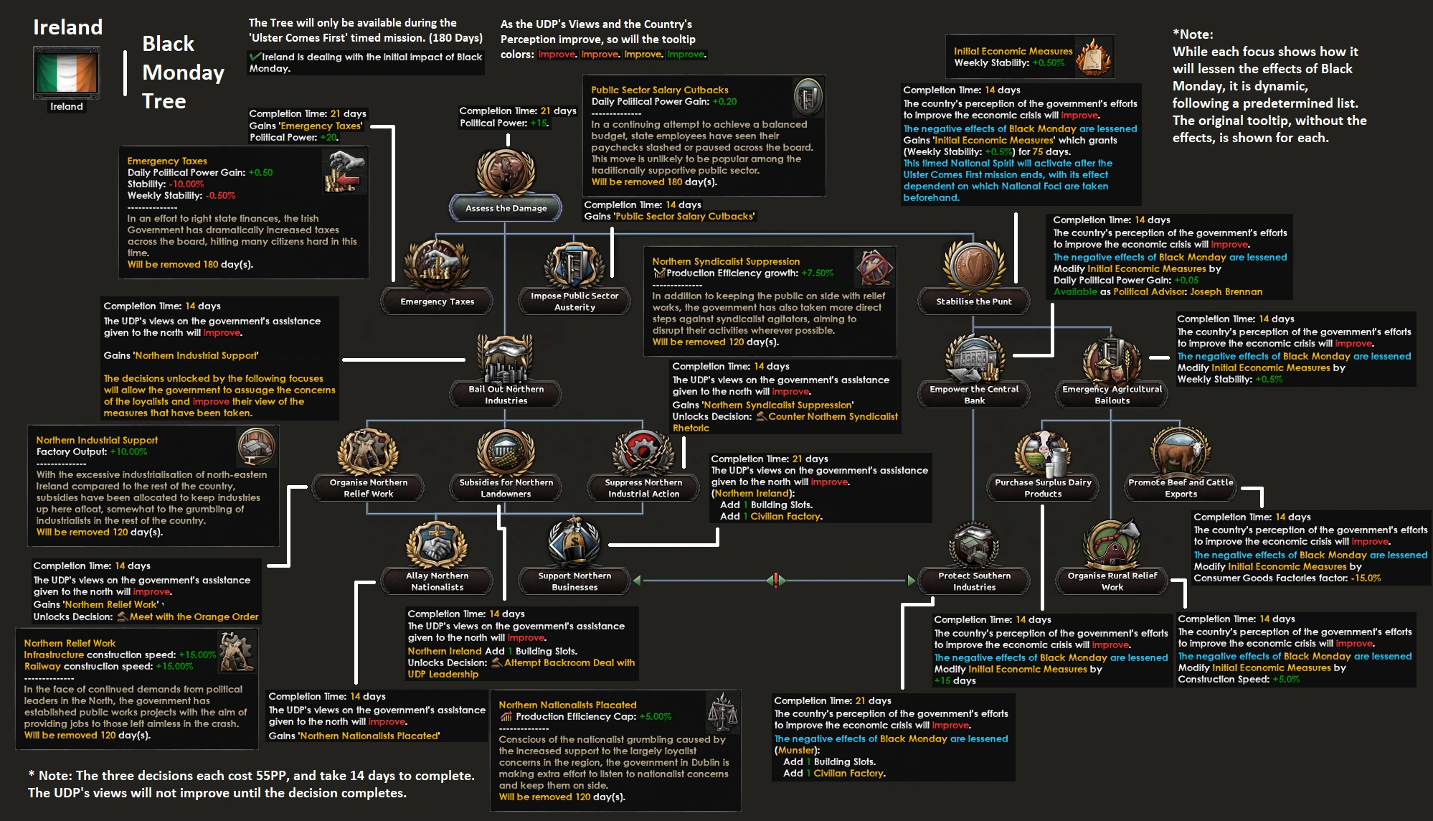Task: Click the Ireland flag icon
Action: pyautogui.click(x=66, y=72)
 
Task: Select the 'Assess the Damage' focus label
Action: pyautogui.click(x=506, y=208)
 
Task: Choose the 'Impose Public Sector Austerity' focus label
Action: pyautogui.click(x=574, y=301)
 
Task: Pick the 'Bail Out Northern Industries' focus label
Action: pyautogui.click(x=506, y=395)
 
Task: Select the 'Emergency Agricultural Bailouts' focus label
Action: pyautogui.click(x=1112, y=395)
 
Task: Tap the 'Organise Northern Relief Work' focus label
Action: pyautogui.click(x=368, y=488)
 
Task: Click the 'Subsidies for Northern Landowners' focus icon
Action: pyautogui.click(x=506, y=450)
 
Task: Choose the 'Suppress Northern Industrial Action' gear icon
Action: pyautogui.click(x=643, y=450)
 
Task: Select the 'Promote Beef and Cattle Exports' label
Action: pyautogui.click(x=1181, y=488)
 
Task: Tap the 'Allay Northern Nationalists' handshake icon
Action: pyautogui.click(x=437, y=543)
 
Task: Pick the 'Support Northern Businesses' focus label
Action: pyautogui.click(x=574, y=581)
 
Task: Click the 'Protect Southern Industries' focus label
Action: pyautogui.click(x=974, y=581)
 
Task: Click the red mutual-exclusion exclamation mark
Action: pyautogui.click(x=775, y=579)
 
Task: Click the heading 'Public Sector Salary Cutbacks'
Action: pyautogui.click(x=659, y=90)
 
